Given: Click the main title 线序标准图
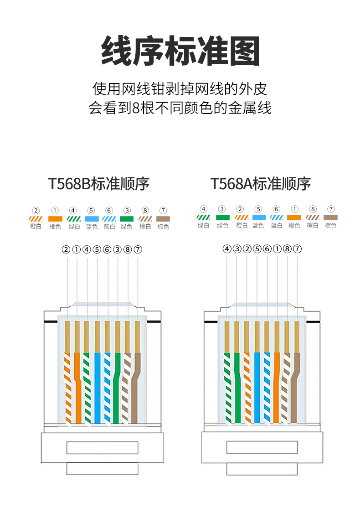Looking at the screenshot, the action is [x=180, y=51].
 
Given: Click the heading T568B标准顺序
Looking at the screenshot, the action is [x=99, y=184].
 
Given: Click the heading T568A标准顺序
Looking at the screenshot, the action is [x=260, y=184].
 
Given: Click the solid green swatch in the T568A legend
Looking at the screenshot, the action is [x=222, y=218].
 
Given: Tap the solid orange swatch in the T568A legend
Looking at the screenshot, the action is [x=294, y=218].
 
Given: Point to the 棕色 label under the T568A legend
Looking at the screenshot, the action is [x=330, y=225].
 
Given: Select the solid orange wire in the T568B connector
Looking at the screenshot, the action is [x=77, y=388].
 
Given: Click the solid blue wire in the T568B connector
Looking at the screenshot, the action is [x=98, y=388].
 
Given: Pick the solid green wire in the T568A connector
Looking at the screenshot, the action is [x=237, y=388].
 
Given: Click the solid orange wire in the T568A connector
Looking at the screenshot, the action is [x=277, y=388].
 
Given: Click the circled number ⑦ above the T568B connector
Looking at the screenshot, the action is [x=138, y=249].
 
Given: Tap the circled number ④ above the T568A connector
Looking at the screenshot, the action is [x=226, y=249].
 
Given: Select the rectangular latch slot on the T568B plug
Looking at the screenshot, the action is [x=102, y=447].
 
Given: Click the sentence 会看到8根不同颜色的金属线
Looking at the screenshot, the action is [x=180, y=108].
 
